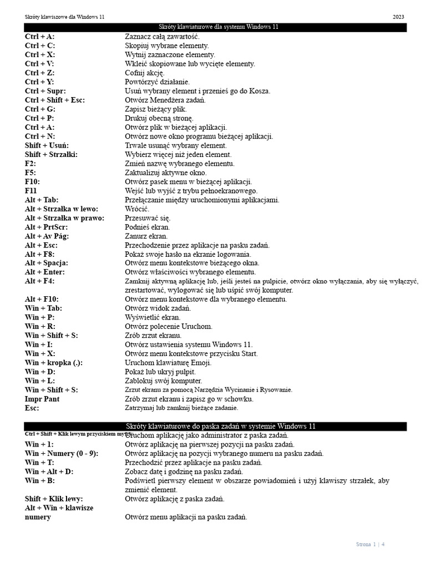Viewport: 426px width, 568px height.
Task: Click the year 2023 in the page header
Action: tap(398, 17)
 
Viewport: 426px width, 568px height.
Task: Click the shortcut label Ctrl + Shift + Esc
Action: tap(55, 100)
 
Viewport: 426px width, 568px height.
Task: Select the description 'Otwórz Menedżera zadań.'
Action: tap(165, 100)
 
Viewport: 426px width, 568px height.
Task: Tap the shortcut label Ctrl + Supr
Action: tap(45, 91)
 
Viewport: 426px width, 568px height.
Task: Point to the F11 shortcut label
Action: tap(31, 191)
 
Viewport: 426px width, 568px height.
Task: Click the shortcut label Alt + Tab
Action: tap(42, 200)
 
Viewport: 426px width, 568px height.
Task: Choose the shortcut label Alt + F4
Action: tap(40, 281)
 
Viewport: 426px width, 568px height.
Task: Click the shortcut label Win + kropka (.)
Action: tap(54, 363)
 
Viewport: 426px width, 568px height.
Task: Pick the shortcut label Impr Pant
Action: tap(42, 399)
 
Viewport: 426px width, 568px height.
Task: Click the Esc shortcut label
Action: tap(33, 408)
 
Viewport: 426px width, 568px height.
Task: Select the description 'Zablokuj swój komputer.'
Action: tap(164, 381)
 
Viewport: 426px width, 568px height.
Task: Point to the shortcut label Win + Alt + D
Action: tap(49, 471)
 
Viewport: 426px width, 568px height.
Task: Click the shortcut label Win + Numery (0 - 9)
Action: tap(62, 453)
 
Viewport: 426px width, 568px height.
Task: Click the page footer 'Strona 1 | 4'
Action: tap(370, 544)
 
